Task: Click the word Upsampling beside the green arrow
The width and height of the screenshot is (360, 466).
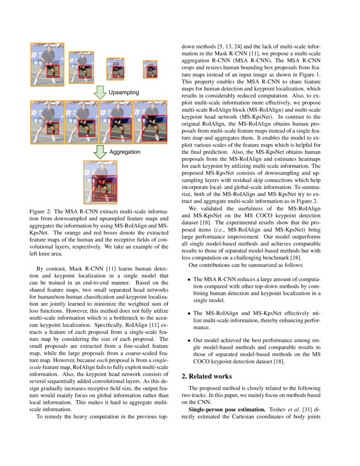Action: [124, 92]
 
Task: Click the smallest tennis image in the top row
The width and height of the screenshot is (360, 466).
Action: [150, 69]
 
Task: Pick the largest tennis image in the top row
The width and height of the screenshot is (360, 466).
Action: [47, 64]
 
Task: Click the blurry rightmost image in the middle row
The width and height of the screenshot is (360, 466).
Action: [150, 122]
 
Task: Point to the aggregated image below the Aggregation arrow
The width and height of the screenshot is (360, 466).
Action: [100, 182]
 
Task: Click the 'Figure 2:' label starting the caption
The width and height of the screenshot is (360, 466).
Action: [41, 211]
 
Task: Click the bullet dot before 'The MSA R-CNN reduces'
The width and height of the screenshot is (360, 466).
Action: [189, 280]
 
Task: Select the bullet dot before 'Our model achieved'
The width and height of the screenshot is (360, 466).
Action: [189, 341]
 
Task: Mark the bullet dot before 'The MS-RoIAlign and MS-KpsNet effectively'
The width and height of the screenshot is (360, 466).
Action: [189, 313]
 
